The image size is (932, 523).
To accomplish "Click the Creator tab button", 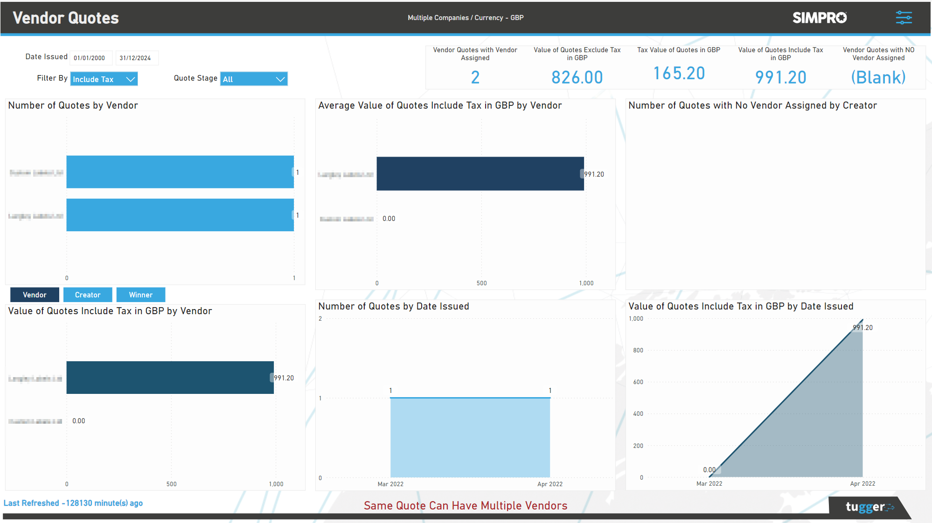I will click(88, 295).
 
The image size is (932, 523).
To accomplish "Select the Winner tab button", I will click(140, 295).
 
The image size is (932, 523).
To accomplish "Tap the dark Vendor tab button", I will click(35, 295).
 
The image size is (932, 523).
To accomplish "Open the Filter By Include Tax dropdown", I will click(104, 79).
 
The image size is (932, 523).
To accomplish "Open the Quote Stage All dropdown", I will click(254, 79).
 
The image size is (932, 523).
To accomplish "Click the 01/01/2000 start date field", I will click(90, 58).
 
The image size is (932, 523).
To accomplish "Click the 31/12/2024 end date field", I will click(136, 58).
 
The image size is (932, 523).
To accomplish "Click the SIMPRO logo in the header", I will click(820, 18).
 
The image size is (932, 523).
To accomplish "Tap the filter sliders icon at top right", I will click(904, 18).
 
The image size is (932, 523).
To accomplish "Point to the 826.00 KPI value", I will click(577, 77).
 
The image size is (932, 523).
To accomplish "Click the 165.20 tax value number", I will click(679, 74).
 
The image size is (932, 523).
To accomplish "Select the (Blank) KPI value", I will click(878, 77).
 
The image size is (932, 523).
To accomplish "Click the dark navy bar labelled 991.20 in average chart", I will click(480, 173).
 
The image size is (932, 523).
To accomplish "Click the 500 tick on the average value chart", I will click(481, 283).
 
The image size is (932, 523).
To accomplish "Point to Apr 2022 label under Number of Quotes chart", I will click(549, 484).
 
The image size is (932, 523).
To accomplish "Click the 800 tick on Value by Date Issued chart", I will click(638, 350).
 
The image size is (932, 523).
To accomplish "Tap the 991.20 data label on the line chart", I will click(862, 328).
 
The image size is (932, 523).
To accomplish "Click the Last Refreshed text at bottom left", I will click(73, 503).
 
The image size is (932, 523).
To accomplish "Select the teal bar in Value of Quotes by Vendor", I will click(170, 378).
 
